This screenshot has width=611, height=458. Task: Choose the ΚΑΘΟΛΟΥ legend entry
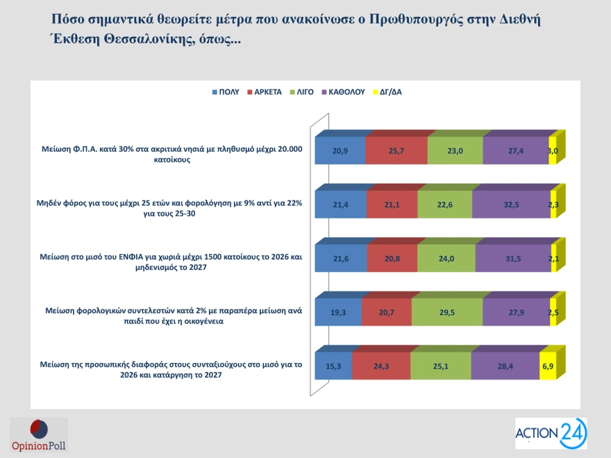tap(345, 92)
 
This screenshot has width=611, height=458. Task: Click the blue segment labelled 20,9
tap(340, 151)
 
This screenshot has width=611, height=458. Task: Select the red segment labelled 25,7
tap(396, 151)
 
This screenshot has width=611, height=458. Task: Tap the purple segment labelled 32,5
tap(511, 204)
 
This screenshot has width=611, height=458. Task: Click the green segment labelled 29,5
tap(446, 312)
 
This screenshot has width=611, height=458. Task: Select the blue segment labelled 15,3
tap(333, 366)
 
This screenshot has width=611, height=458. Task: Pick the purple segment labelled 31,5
tap(513, 258)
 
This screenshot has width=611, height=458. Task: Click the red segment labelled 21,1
tap(392, 204)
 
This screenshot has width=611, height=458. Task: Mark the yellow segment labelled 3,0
tap(553, 151)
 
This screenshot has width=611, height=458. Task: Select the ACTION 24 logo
tap(551, 434)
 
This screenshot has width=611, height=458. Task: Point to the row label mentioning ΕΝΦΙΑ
tap(170, 262)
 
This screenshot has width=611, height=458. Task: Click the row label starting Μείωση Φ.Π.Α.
tap(170, 154)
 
